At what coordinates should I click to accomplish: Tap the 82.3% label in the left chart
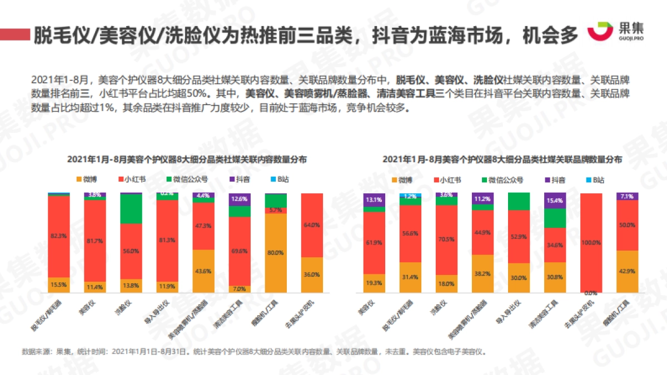click(58, 235)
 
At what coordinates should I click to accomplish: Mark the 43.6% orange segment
click(203, 271)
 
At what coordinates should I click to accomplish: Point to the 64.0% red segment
click(312, 225)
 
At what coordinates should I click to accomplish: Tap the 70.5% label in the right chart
click(446, 239)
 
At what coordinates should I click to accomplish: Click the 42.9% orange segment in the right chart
click(627, 271)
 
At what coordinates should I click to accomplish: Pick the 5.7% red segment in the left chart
click(276, 210)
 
